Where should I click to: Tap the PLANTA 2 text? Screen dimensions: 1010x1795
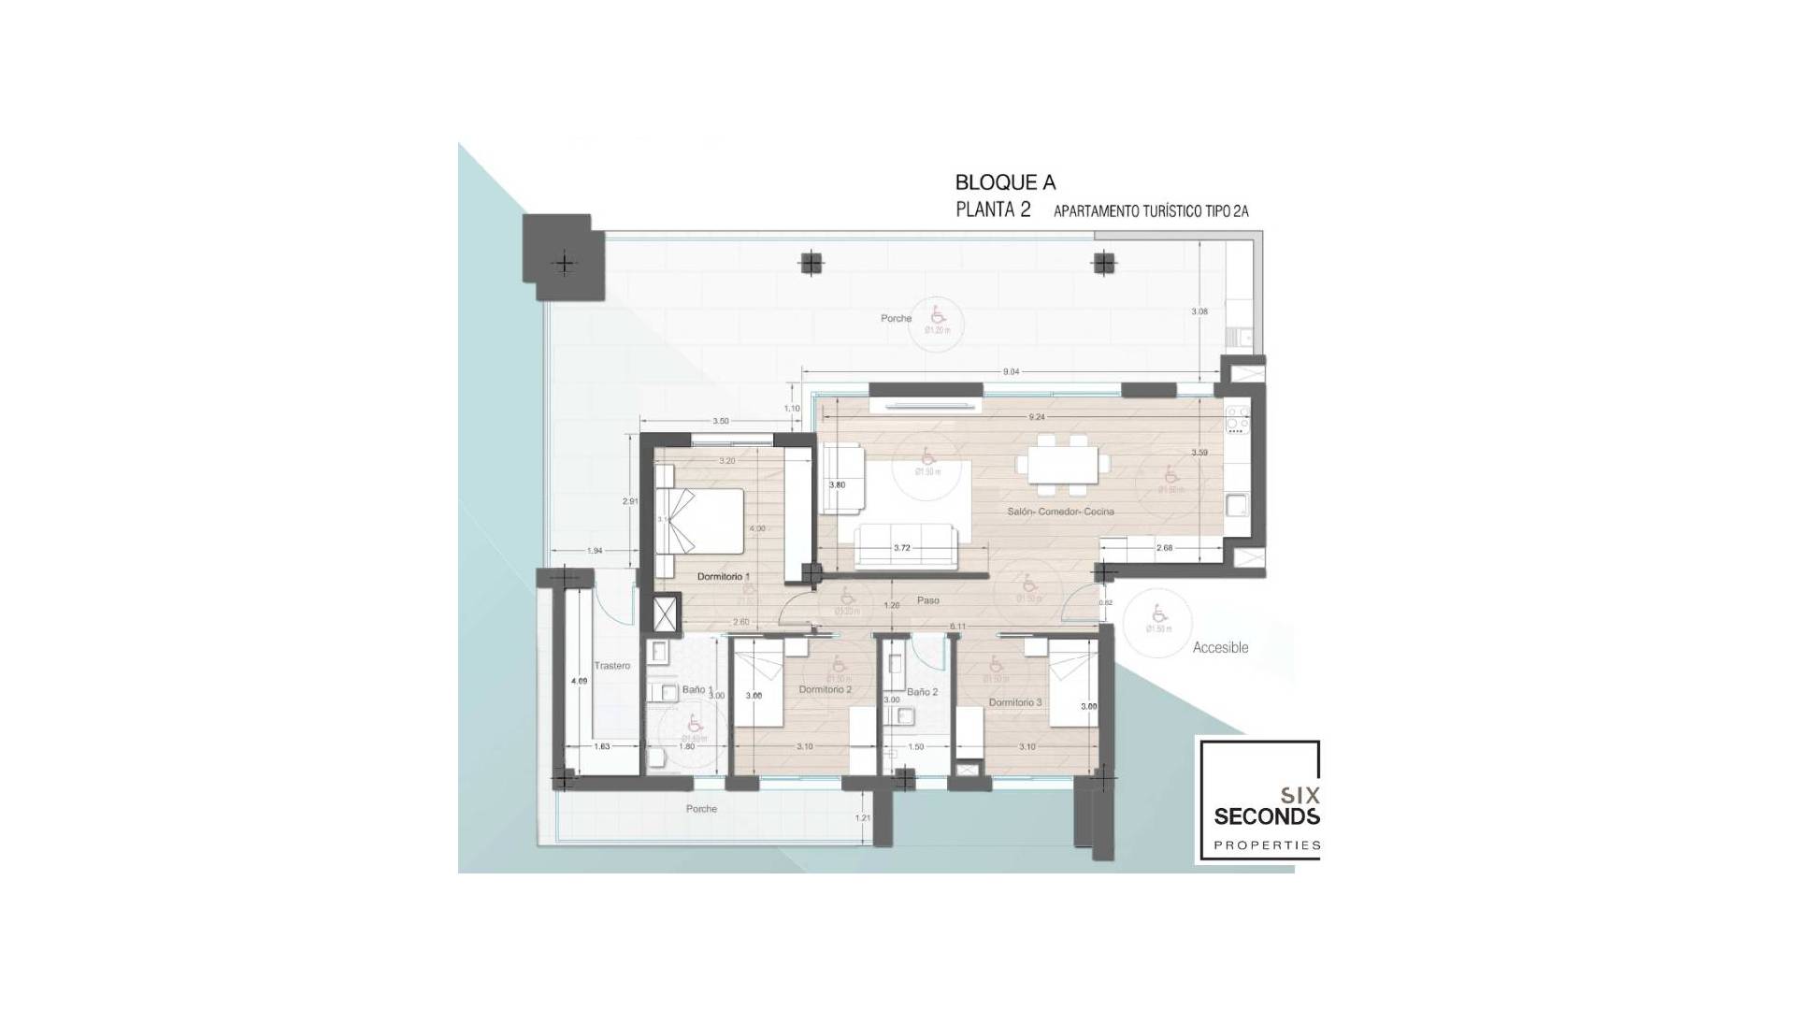coord(993,209)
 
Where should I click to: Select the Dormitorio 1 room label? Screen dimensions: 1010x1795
coord(724,577)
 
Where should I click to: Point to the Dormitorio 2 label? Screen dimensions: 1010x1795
coord(825,690)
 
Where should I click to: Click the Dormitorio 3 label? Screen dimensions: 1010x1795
coord(1015,702)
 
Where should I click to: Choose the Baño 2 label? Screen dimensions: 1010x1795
coord(922,692)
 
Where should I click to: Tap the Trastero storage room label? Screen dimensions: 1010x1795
coord(612,666)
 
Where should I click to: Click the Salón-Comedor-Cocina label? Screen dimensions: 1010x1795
coord(1060,512)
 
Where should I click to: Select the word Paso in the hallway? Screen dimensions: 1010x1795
coord(927,600)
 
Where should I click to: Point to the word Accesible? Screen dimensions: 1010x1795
coord(1220,647)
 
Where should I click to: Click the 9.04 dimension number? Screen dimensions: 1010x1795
coord(1011,372)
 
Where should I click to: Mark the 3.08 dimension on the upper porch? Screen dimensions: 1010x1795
coord(1199,311)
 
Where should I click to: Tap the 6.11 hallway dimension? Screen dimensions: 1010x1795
coord(957,626)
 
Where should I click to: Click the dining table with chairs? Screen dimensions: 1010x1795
coord(1063,465)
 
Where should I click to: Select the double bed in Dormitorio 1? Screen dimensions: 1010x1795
coord(701,522)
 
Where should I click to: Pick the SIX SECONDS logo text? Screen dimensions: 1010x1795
coord(1267,806)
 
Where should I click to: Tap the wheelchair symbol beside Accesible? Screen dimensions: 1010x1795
coord(1158,613)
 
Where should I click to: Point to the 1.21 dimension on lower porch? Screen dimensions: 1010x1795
coord(863,818)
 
